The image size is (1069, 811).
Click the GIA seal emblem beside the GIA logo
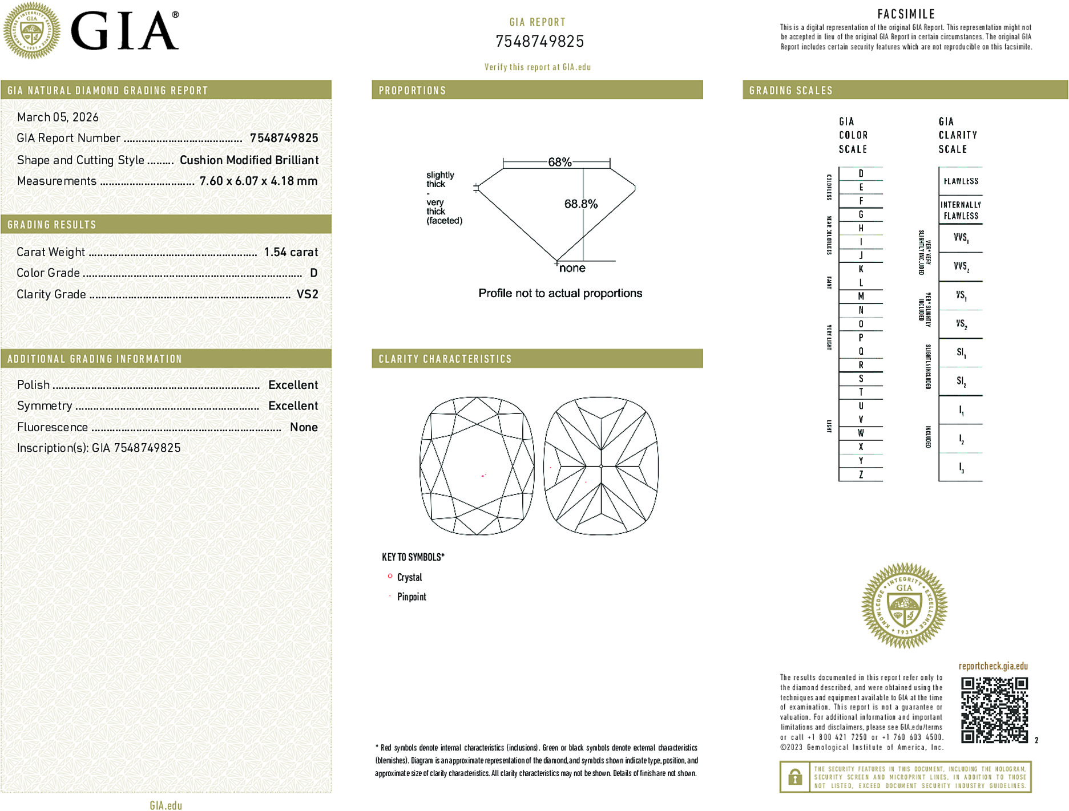31,31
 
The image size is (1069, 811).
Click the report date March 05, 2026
58,117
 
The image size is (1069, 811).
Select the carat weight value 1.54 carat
291,252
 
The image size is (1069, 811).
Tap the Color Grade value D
313,273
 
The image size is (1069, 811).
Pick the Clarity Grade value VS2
307,294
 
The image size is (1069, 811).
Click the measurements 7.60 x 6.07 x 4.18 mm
259,181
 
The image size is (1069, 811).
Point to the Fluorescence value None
304,427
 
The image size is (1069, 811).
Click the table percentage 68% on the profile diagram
559,162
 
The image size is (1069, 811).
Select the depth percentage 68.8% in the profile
580,204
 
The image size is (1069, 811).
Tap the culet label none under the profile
572,268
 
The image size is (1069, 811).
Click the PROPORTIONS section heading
412,91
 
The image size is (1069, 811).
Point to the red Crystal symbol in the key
390,577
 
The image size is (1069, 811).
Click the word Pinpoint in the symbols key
412,597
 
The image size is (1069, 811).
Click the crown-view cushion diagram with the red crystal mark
477,466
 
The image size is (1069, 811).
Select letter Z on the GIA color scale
861,475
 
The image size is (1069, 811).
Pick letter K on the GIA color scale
861,269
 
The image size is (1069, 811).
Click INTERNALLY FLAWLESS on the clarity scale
961,210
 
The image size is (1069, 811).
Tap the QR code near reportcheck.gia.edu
994,710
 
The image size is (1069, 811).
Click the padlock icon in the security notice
794,777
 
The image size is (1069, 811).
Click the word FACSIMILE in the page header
906,14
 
